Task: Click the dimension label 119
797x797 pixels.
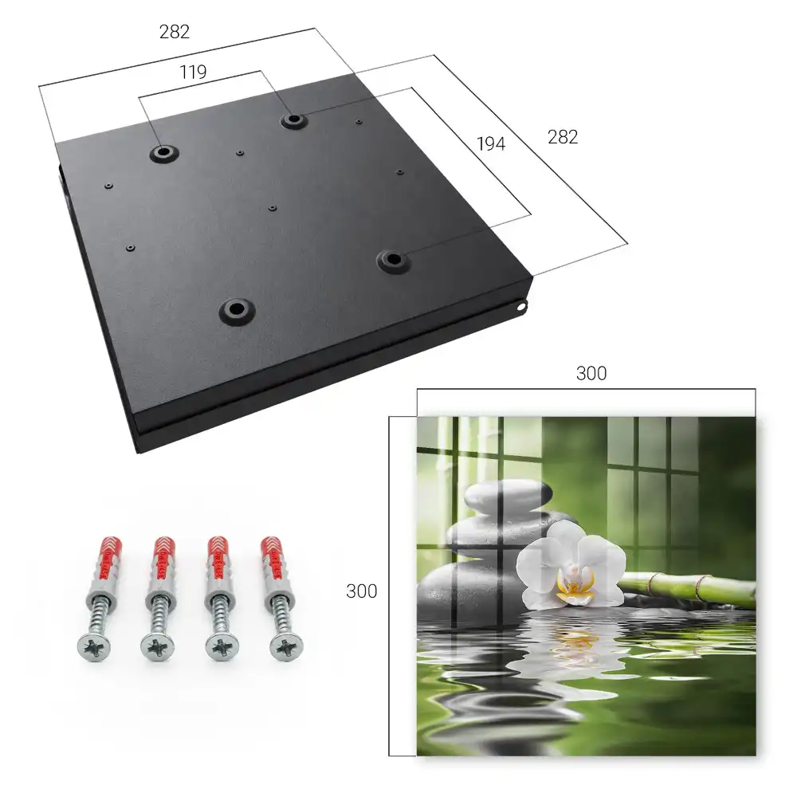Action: [x=193, y=73]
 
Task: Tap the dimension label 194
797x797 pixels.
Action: [x=491, y=143]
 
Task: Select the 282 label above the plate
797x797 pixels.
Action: [x=175, y=32]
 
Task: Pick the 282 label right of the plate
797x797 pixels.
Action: [x=563, y=137]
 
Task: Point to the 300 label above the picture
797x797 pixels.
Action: [x=591, y=374]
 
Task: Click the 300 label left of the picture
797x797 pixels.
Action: [x=361, y=591]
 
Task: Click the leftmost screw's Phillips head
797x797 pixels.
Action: [x=94, y=647]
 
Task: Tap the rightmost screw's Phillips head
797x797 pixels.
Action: [x=287, y=647]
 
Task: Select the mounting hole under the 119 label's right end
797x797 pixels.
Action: [x=292, y=120]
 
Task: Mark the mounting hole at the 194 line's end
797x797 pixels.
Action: [x=392, y=261]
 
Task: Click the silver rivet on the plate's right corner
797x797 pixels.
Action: [x=522, y=307]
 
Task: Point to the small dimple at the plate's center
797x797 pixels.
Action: [x=273, y=208]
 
